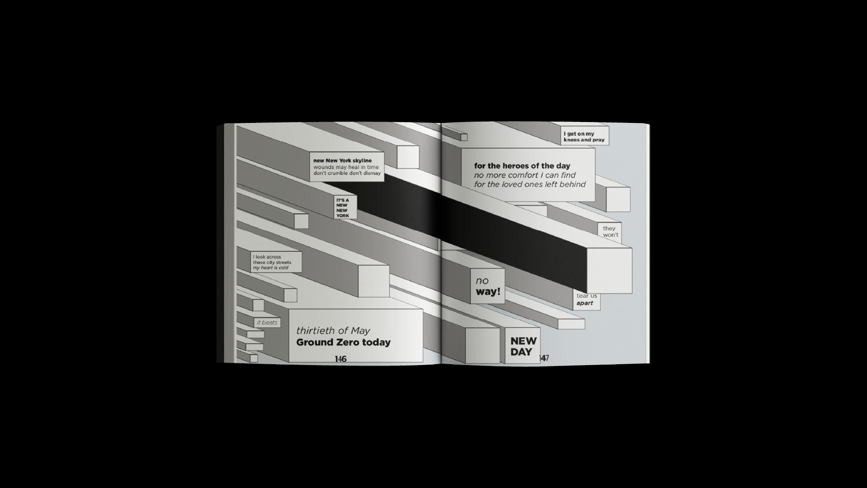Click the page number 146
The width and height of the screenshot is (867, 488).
[340, 359]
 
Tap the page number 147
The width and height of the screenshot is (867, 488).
[544, 358]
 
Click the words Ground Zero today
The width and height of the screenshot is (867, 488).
[343, 343]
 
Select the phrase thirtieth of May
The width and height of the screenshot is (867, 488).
[333, 330]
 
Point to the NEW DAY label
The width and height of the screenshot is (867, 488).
[523, 347]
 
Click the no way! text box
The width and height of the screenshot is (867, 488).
[488, 286]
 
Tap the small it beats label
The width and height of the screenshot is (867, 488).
[267, 323]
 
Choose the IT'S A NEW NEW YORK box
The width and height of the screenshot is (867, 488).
[345, 207]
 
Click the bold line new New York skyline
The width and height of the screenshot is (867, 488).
[342, 160]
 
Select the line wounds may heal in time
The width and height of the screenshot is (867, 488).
[346, 167]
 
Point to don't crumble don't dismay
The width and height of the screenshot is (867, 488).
[347, 174]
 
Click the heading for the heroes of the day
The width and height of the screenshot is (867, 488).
[522, 166]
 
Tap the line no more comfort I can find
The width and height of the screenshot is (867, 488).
[525, 175]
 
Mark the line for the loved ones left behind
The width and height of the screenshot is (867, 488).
[530, 184]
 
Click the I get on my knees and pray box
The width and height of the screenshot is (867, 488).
[585, 136]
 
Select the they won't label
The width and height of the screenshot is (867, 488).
[611, 231]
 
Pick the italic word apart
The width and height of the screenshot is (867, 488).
[585, 303]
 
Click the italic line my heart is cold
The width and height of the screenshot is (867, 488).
[270, 268]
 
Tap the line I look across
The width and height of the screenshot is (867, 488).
[267, 257]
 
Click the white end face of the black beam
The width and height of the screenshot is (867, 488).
[610, 271]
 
